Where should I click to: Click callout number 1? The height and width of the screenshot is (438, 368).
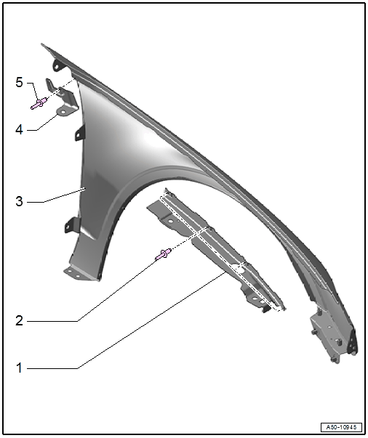tap(19, 368)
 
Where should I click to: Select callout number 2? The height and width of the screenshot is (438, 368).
tap(19, 320)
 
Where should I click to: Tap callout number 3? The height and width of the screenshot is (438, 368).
tap(19, 201)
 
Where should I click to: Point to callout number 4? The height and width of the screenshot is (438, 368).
tap(19, 130)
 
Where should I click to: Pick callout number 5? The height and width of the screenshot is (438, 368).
tap(19, 83)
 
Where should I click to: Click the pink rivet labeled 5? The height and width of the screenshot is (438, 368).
tap(39, 103)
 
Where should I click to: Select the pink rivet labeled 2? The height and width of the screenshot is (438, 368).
tap(164, 254)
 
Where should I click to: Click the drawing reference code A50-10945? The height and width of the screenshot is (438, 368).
tap(341, 427)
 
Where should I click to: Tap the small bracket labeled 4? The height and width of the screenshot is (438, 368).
tap(63, 98)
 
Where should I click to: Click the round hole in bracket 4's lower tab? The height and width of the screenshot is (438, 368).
tap(63, 112)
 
